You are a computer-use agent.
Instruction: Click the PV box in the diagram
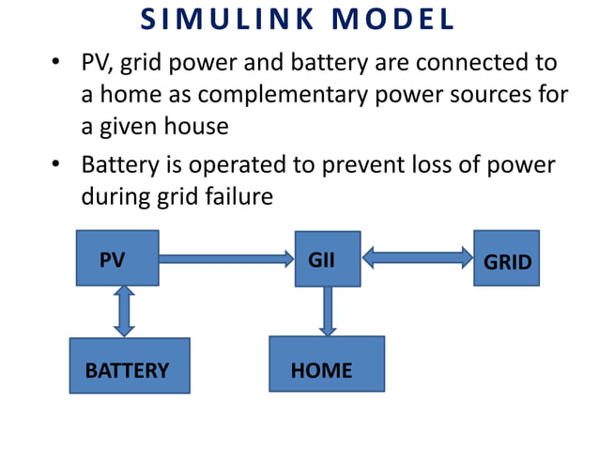(116, 259)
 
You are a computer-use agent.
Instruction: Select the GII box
(327, 258)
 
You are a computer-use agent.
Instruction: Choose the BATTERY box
(130, 365)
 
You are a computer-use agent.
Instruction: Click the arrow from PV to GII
(226, 257)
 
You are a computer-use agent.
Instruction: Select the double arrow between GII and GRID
(416, 256)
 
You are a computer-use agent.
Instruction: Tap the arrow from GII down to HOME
(327, 311)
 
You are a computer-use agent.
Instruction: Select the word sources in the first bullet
(484, 96)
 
